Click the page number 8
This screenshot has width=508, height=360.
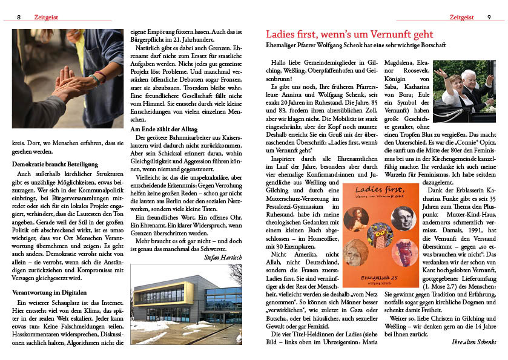coord(19,18)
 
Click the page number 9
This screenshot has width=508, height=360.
coord(489,18)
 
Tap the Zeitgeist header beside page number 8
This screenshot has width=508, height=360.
coord(47,18)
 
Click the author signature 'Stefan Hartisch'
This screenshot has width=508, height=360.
coord(223,257)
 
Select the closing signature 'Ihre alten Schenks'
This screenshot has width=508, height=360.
coord(474,342)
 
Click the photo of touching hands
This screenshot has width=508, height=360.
coord(68,79)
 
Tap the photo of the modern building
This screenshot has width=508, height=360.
coord(186,305)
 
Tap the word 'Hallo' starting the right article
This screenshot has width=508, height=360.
coord(280,62)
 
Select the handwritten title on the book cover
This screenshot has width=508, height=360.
coord(380,194)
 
